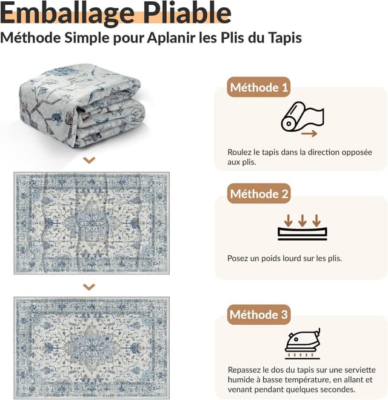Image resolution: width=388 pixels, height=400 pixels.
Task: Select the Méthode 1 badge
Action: tap(259, 87)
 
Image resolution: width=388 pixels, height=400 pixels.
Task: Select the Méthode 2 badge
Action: tap(259, 193)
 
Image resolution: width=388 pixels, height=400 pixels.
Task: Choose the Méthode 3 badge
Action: tap(259, 315)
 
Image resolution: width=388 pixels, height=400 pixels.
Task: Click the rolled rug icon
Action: tap(303, 116)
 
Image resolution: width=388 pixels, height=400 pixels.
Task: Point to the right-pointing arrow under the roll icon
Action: tap(309, 133)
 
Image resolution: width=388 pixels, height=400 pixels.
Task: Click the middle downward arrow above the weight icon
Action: tap(303, 221)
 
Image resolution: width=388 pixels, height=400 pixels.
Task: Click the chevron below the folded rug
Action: tap(89, 160)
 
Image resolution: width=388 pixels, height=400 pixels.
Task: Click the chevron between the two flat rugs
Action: tap(89, 287)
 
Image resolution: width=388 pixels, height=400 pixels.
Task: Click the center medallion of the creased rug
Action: tap(92, 223)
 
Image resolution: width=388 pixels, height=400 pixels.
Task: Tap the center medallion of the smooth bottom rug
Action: tap(92, 347)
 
